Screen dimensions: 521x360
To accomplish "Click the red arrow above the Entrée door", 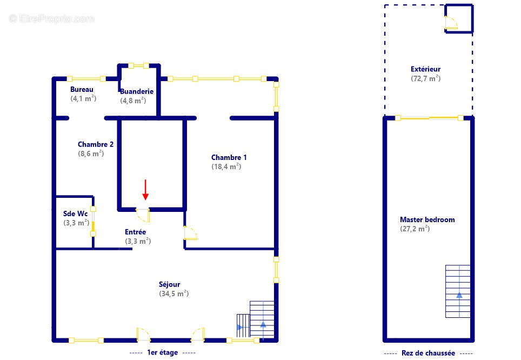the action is click(145, 190).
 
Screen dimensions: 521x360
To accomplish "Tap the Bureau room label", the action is click(82, 89).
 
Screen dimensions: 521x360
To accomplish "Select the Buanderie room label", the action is click(137, 91).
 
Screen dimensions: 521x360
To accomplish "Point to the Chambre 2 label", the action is click(95, 144).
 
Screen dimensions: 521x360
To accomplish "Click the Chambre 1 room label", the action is click(229, 157).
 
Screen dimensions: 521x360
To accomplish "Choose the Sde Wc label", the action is click(76, 214).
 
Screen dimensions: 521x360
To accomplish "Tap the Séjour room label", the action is click(170, 284).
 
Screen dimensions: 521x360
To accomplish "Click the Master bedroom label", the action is click(428, 219).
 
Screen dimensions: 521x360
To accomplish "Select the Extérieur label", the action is click(426, 69).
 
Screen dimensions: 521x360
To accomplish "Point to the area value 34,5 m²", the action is click(174, 294).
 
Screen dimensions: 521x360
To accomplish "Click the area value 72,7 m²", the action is click(426, 78).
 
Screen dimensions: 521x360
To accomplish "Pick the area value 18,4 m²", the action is click(226, 166).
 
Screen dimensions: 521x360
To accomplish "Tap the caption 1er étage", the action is click(163, 352).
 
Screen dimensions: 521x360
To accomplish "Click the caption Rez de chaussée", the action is click(428, 353).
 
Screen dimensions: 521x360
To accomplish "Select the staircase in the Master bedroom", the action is click(458, 291).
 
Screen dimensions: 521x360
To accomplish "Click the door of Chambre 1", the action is click(190, 232).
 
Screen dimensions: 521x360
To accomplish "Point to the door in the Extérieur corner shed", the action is click(451, 23).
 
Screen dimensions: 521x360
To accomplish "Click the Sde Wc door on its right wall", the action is click(93, 222).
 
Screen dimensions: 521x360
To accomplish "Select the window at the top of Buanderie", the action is click(138, 65).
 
